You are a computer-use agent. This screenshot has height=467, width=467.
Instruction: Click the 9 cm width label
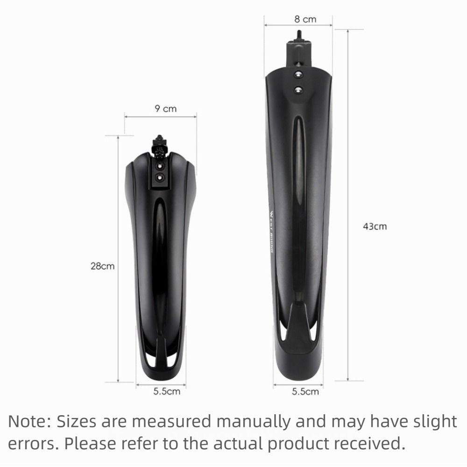coord(166,109)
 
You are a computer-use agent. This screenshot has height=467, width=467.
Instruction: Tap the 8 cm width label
coord(305,19)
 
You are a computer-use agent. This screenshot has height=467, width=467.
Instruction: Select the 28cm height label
coord(102,267)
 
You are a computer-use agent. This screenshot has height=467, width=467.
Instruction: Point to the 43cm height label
coord(375,226)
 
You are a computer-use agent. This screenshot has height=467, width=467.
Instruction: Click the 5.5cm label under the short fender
coord(167,391)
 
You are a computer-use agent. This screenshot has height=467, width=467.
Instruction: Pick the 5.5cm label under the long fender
coord(305,391)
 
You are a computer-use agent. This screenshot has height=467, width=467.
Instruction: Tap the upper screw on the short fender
coord(161,166)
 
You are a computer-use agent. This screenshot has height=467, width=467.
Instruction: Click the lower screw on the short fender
coord(161,177)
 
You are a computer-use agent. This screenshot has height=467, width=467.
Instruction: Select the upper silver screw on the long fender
coord(298,73)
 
